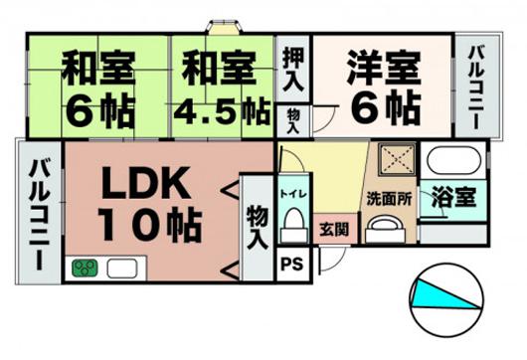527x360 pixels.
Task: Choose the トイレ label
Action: pyautogui.click(x=292, y=193)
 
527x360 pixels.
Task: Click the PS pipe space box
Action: pyautogui.click(x=291, y=264)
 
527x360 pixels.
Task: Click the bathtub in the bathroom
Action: pyautogui.click(x=452, y=162)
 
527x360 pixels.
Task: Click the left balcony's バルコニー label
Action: pyautogui.click(x=39, y=214)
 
